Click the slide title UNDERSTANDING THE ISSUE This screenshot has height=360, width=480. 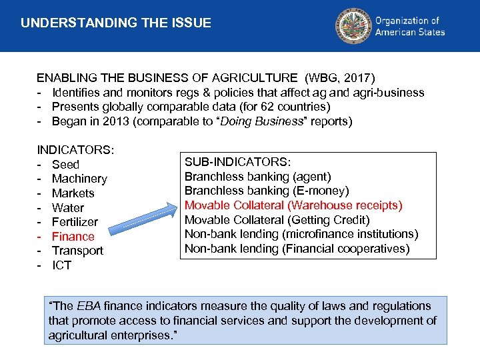[x=116, y=23]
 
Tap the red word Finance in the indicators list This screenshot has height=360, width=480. [x=73, y=237]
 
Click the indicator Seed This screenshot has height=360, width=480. [x=65, y=165]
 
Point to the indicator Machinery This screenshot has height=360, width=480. [x=79, y=179]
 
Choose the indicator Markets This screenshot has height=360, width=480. [x=73, y=193]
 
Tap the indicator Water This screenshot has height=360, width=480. [x=68, y=208]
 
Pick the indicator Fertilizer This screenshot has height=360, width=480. [x=75, y=222]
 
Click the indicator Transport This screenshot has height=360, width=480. [x=77, y=251]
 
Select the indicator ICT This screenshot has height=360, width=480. [x=61, y=266]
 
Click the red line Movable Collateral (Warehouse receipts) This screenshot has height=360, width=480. [x=293, y=205]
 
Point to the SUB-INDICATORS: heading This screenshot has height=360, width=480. [x=237, y=162]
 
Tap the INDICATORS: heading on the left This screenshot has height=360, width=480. [x=76, y=150]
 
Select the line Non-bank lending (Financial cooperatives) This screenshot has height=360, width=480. [x=297, y=249]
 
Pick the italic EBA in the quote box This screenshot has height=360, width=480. [x=89, y=306]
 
